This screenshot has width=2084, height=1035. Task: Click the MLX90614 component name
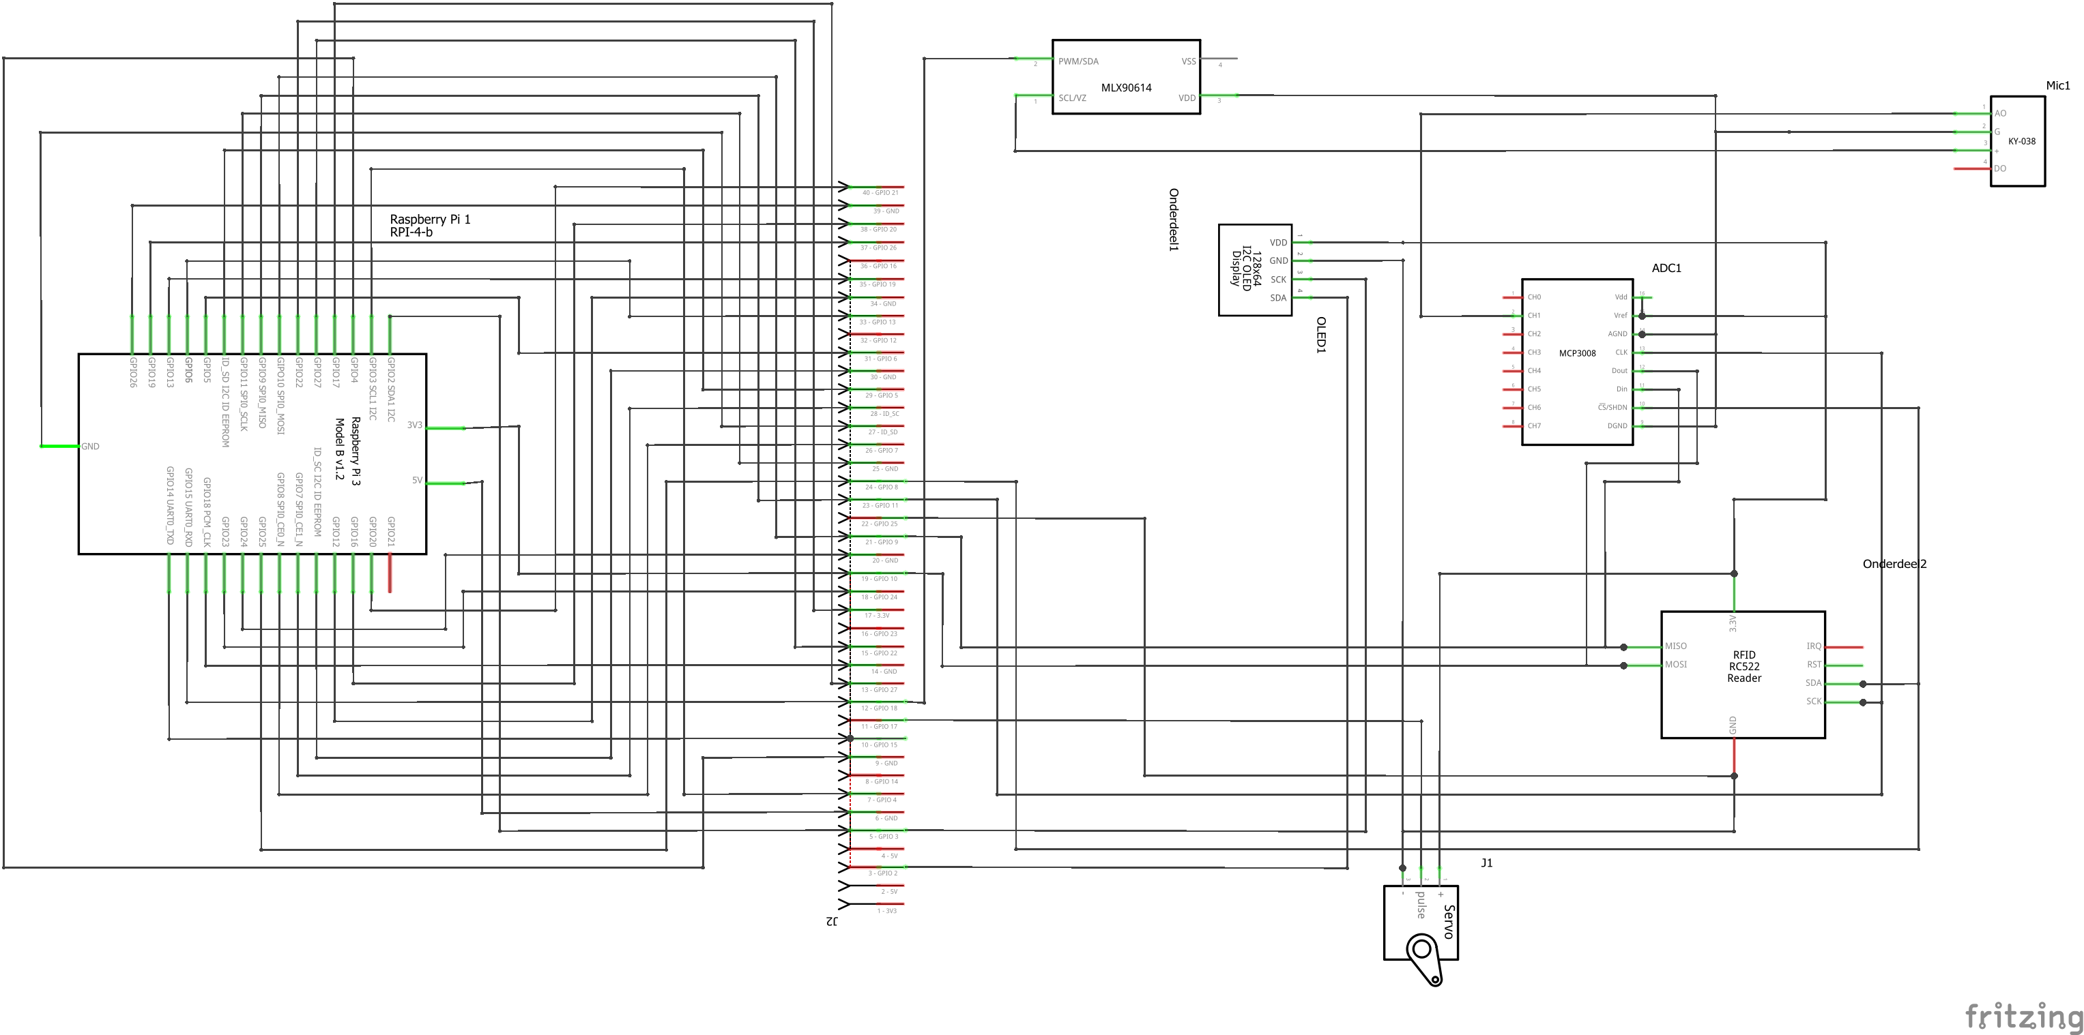[x=1126, y=87]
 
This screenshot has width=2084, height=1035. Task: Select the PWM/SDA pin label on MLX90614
[x=1078, y=61]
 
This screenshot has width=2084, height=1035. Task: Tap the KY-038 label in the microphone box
[x=2022, y=142]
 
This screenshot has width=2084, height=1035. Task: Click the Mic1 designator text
[x=2057, y=86]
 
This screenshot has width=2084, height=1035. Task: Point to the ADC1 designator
[x=1666, y=269]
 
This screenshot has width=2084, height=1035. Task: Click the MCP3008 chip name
[x=1578, y=353]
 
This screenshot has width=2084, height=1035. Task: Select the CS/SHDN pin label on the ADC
[x=1612, y=408]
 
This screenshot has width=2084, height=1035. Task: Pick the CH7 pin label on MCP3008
[x=1534, y=426]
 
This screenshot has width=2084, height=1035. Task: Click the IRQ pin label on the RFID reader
[x=1814, y=646]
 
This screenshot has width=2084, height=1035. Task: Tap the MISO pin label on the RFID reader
[x=1675, y=646]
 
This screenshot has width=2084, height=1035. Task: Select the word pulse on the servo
[x=1421, y=905]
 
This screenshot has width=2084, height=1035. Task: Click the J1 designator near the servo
[x=1487, y=862]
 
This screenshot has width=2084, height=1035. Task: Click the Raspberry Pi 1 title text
[x=430, y=219]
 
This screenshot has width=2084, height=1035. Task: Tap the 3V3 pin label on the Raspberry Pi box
[x=414, y=425]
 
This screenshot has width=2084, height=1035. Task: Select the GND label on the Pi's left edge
[x=90, y=447]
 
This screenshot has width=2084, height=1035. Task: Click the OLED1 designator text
[x=1321, y=335]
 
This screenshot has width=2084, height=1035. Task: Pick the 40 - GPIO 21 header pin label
[x=880, y=193]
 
